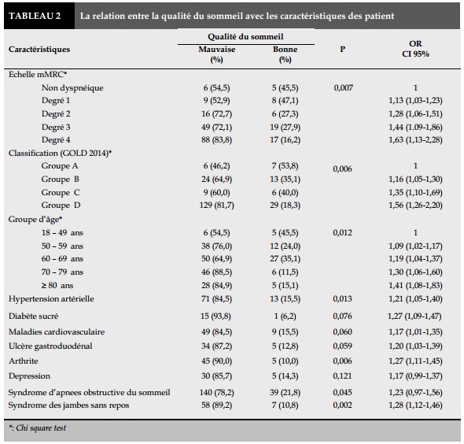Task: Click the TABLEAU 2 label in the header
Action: coord(35,16)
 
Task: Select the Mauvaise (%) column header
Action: coord(217,54)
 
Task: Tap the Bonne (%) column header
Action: coord(285,54)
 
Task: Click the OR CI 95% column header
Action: coord(415,49)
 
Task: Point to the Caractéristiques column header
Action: coord(39,49)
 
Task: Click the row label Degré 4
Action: coord(56,140)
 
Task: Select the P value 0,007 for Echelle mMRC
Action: coord(343,87)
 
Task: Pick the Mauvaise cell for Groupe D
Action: coord(216,205)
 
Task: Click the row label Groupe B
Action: coord(60,179)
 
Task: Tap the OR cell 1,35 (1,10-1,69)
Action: coord(415,193)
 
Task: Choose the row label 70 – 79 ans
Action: coord(62,272)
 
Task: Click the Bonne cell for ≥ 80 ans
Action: coord(285,286)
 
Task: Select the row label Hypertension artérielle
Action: coord(51,299)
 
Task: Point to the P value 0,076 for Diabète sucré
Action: coord(342,316)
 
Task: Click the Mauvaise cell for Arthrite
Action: coord(216,361)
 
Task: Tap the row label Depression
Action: coord(29,376)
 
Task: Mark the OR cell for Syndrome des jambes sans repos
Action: coord(415,405)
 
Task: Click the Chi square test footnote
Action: coord(37,428)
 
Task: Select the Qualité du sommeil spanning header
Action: coord(245,37)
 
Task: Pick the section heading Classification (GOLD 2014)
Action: coord(60,154)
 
